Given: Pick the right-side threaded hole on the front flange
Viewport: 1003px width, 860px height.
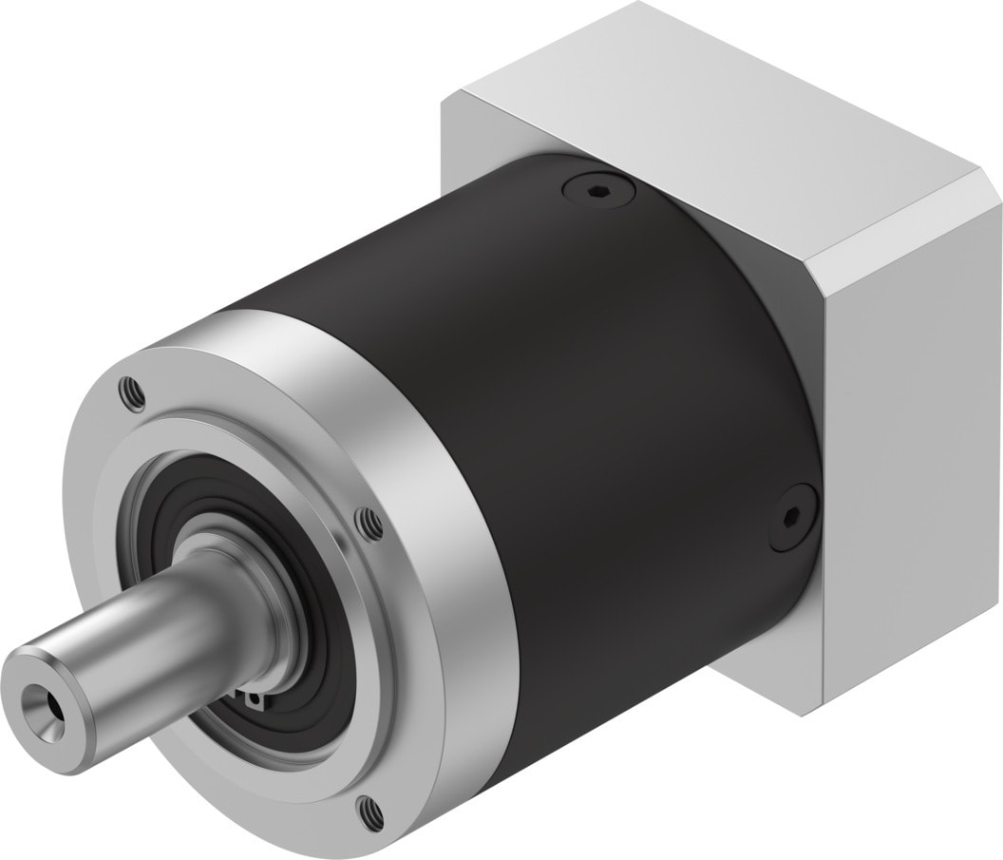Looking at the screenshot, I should click(366, 520).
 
